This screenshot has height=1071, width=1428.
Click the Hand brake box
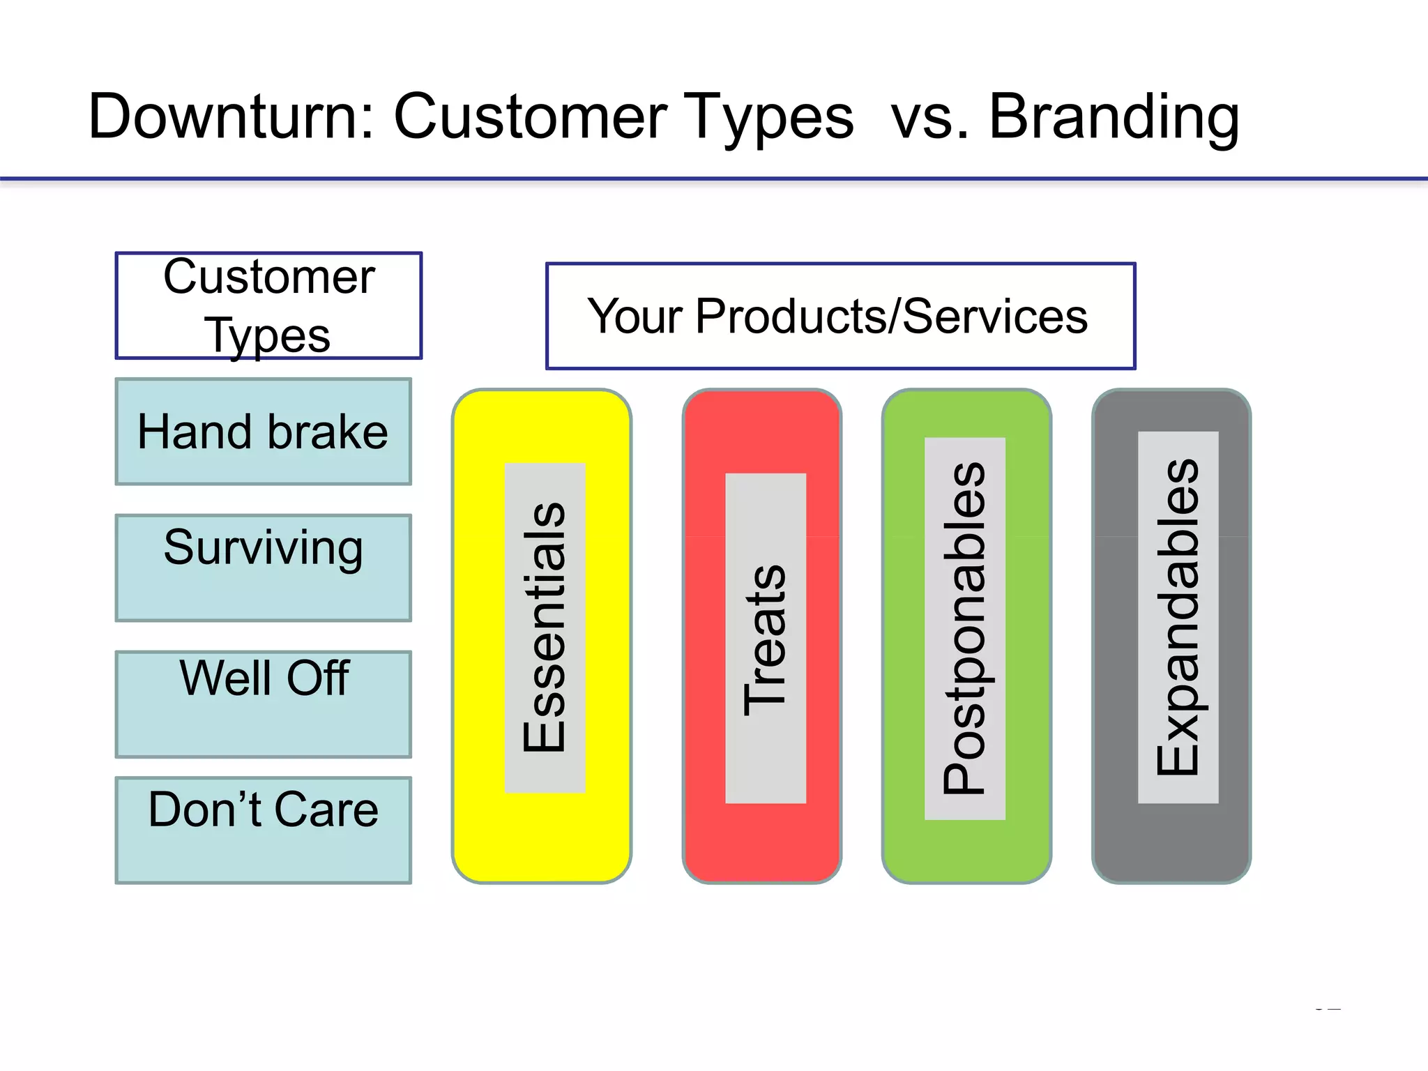(x=263, y=432)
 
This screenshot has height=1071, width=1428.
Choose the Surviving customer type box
(x=263, y=568)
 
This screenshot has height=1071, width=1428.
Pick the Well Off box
(x=263, y=704)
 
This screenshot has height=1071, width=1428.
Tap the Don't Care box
(x=263, y=830)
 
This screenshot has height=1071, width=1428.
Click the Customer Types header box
(x=268, y=305)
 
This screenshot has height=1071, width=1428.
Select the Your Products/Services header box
(x=840, y=316)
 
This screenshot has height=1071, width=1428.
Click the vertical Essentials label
(x=545, y=628)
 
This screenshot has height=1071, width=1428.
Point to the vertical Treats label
(x=765, y=639)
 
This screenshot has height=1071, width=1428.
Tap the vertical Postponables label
(x=964, y=628)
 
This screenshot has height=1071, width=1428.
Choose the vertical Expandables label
(x=1178, y=617)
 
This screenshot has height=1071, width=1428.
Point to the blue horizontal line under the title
(x=714, y=179)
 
